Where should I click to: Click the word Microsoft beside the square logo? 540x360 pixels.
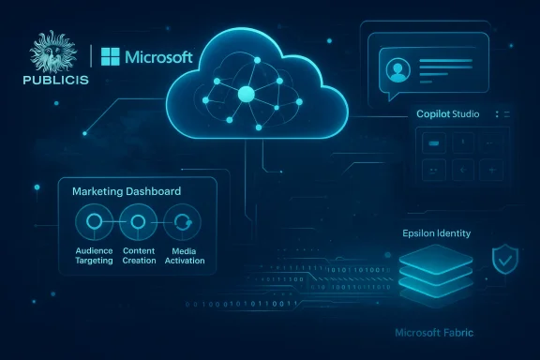[159, 57]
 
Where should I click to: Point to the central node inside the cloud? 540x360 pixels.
[247, 94]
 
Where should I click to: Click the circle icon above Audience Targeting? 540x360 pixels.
[94, 224]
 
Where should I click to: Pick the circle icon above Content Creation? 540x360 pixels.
[138, 224]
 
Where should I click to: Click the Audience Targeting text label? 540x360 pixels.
[94, 255]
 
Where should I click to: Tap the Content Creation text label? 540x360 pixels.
[138, 255]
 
